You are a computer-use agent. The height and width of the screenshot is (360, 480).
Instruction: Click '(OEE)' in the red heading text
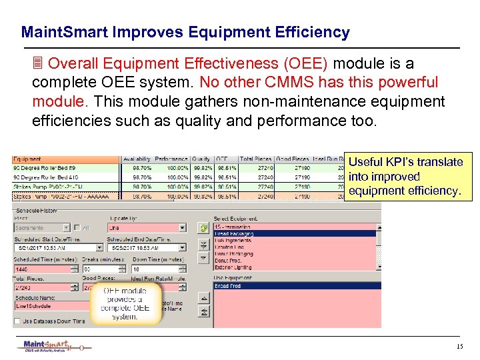pos(305,64)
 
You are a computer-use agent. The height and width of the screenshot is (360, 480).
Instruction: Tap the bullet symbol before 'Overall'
pos(38,64)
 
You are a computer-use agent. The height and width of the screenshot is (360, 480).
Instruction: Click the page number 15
pos(459,347)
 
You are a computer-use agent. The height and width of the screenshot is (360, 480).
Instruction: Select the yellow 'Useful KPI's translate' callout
pos(405,177)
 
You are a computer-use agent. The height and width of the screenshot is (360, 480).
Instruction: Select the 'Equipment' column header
pos(28,159)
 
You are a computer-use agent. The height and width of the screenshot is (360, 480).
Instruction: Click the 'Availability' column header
pos(137,159)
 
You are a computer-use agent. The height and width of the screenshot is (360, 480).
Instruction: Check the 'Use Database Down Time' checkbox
pos(17,321)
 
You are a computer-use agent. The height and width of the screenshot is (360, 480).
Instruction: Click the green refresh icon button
pos(204,228)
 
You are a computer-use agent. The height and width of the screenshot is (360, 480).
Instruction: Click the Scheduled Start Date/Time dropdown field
pos(50,249)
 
